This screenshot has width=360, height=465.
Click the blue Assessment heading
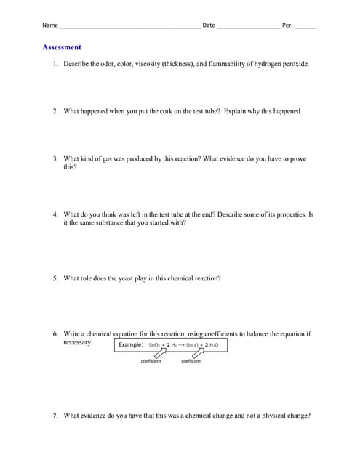pyautogui.click(x=62, y=47)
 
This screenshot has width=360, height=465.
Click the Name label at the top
pyautogui.click(x=49, y=25)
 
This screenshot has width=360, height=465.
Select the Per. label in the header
pyautogui.click(x=287, y=25)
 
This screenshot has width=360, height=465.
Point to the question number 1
pyautogui.click(x=55, y=65)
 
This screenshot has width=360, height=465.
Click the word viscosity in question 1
pyautogui.click(x=145, y=65)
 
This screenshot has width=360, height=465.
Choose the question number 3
pyautogui.click(x=55, y=158)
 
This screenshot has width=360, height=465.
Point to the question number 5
pyautogui.click(x=55, y=278)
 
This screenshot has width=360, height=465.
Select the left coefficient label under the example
pyautogui.click(x=151, y=361)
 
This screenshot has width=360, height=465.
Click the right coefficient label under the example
pyautogui.click(x=191, y=361)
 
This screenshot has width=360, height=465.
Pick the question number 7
pyautogui.click(x=55, y=416)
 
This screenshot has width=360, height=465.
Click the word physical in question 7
pyautogui.click(x=270, y=416)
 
